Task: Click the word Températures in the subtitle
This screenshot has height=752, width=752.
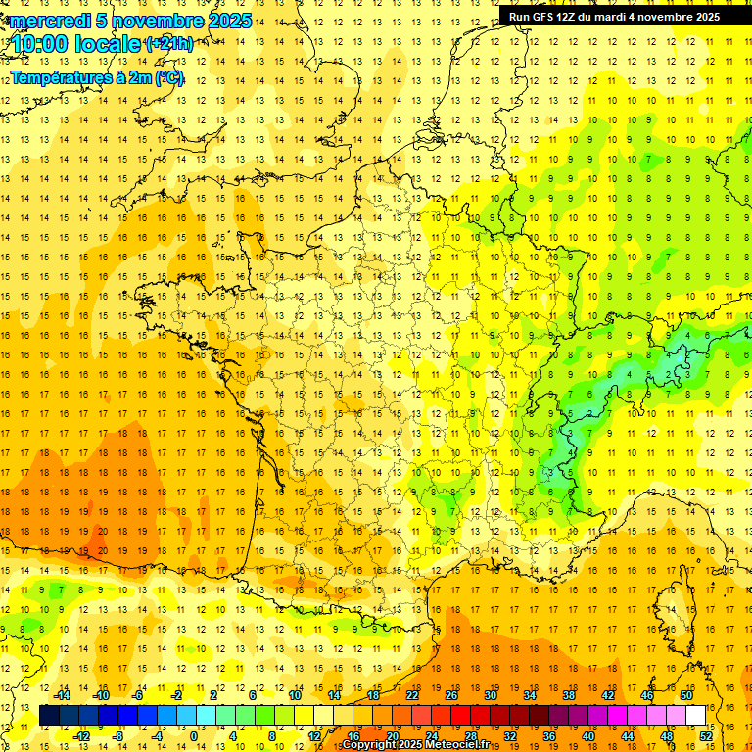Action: point(58,77)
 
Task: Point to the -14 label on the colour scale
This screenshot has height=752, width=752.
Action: point(64,695)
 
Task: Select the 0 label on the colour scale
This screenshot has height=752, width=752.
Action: point(193,736)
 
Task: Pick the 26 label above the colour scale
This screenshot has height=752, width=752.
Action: point(451,695)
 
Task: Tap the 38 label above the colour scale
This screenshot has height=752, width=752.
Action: point(568,695)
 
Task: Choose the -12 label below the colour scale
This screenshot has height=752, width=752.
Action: point(83,736)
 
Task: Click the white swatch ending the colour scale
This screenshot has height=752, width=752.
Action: point(696,716)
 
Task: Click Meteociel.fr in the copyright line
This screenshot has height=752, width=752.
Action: point(456,745)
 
